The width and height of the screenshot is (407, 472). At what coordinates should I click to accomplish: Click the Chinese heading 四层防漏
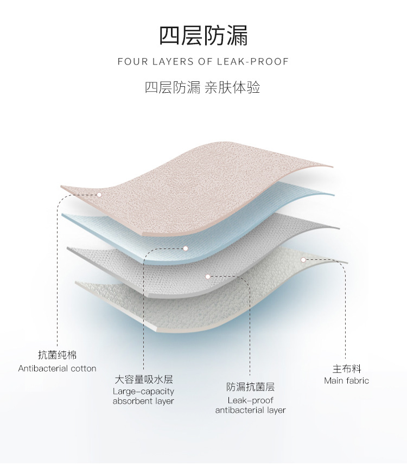[x=203, y=35]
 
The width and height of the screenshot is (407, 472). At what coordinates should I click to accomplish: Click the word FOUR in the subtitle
[x=131, y=61]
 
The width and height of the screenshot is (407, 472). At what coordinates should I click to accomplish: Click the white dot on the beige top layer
[x=99, y=194]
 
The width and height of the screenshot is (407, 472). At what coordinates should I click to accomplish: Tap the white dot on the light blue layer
[x=185, y=248]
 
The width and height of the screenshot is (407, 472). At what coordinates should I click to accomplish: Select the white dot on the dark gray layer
[x=208, y=276]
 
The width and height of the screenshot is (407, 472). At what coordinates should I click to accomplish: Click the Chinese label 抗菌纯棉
[x=57, y=355]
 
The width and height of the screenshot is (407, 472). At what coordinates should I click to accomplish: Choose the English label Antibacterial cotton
[x=57, y=368]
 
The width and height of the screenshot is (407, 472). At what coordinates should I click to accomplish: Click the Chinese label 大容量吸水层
[x=143, y=379]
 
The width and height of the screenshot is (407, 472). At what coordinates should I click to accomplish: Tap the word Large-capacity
[x=143, y=391]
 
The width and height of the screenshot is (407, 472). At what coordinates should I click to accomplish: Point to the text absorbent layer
[x=143, y=401]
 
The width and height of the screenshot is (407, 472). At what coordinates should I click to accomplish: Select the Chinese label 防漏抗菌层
[x=250, y=387]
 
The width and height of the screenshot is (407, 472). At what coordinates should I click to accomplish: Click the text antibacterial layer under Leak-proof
[x=250, y=410]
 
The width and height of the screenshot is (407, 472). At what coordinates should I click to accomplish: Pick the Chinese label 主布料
[x=346, y=369]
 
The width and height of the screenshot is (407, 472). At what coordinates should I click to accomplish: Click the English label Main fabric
[x=346, y=381]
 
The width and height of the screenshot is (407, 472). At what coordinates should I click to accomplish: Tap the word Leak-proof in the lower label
[x=250, y=400]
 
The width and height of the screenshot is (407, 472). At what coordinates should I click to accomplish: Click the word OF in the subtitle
[x=206, y=61]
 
